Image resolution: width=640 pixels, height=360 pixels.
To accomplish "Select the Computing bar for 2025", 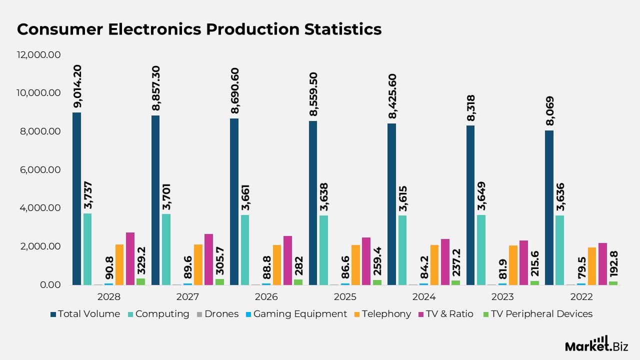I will coord(324,250).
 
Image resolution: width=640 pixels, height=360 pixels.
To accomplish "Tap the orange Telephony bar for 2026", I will coord(277,264).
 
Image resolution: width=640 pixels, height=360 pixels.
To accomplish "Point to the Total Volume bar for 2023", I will coord(470,205).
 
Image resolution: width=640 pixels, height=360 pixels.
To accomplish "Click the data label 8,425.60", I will coord(392,96).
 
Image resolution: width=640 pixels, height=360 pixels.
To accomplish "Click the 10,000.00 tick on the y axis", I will coord(39,93).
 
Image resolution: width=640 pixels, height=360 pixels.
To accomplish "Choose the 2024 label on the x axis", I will coord(423,297).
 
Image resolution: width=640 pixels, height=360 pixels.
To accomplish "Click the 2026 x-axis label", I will coord(266,297).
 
